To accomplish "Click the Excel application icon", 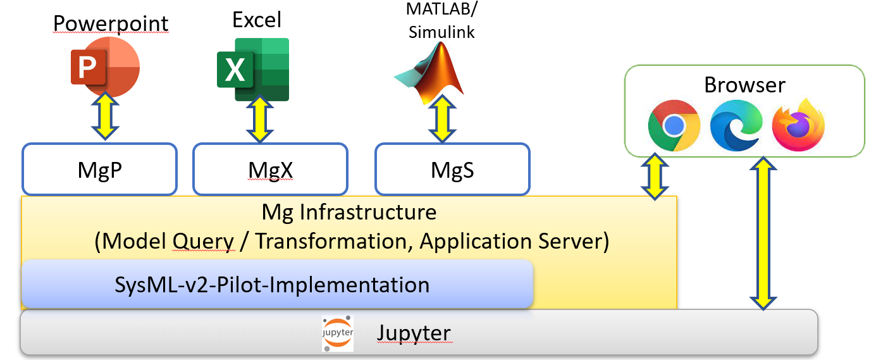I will [253, 69].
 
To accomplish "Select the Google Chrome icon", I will [674, 125].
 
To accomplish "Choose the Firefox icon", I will [798, 125].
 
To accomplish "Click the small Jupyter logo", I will [338, 333].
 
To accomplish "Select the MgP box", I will [100, 169].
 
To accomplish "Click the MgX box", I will [270, 169].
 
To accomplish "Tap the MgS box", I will [452, 169].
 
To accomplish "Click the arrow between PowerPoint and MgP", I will [105, 116].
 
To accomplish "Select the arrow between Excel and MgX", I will [259, 119].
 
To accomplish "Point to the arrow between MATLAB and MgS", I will [443, 119].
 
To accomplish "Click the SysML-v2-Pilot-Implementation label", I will [272, 285].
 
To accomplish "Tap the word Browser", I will [744, 85].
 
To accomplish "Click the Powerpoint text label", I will [111, 24].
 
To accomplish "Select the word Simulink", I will [441, 32].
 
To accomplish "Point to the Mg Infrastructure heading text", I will [349, 211].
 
